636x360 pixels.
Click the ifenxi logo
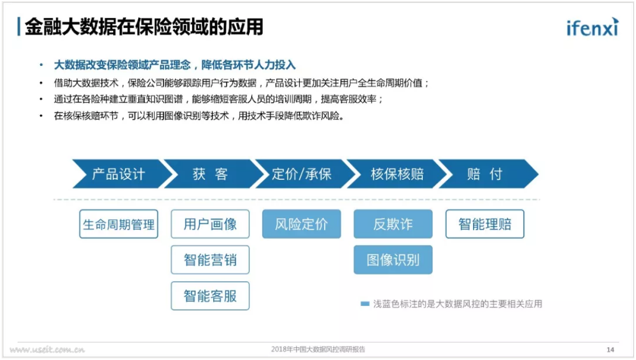(592, 27)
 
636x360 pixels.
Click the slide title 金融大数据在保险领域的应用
(144, 27)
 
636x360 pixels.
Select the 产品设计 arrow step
(120, 174)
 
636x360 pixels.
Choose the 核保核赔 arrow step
(396, 174)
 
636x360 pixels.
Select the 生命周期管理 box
(119, 224)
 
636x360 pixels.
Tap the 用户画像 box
(210, 224)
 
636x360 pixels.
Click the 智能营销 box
(210, 260)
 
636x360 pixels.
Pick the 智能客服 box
(210, 296)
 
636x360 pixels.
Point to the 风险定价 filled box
(301, 224)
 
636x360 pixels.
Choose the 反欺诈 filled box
(393, 224)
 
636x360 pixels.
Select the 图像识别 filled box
(393, 260)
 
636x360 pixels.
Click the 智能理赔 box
(485, 224)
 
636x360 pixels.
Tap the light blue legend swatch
(365, 304)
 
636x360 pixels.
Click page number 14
(610, 349)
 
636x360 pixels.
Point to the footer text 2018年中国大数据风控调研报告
(318, 349)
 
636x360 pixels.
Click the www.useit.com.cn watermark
(47, 349)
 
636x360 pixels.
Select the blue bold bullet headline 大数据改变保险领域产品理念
(122, 65)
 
